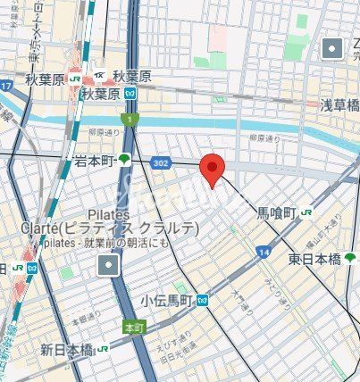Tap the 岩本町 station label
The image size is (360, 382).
[x=94, y=161]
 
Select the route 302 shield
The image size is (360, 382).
[x=161, y=163]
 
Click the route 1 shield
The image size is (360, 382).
[x=130, y=120]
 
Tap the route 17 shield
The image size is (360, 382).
[x=6, y=87]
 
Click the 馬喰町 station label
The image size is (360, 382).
[x=276, y=212]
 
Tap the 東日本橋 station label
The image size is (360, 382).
[x=314, y=259]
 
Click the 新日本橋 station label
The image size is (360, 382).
[x=67, y=348]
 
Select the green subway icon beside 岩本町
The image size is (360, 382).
[x=123, y=161]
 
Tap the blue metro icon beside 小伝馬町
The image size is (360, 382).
[x=204, y=301]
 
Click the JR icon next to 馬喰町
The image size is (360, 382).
[x=306, y=212]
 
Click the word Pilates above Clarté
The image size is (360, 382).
[x=109, y=214]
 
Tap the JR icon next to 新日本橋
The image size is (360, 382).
[x=104, y=348]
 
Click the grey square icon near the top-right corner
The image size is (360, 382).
[x=333, y=48]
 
